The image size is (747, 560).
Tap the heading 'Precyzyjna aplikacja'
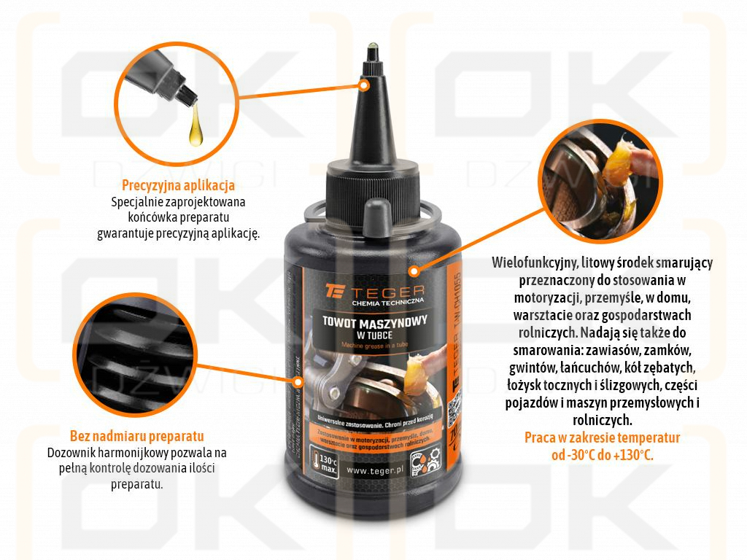pyautogui.click(x=178, y=185)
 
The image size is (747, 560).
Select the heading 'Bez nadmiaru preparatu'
pyautogui.click(x=136, y=437)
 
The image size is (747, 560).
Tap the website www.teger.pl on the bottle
pyautogui.click(x=376, y=470)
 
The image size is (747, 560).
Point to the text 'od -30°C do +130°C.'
pyautogui.click(x=603, y=454)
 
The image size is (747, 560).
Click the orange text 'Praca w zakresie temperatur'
pyautogui.click(x=603, y=437)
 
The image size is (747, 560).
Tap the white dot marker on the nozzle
pyautogui.click(x=367, y=85)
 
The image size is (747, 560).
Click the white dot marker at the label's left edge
pyautogui.click(x=298, y=381)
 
